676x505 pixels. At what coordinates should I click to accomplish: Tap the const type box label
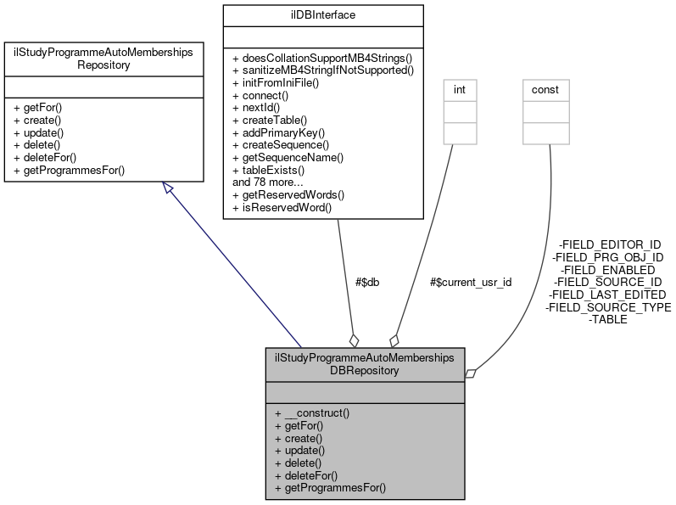(545, 89)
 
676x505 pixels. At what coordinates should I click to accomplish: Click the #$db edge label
(367, 282)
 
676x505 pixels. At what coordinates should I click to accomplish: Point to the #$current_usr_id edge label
(471, 282)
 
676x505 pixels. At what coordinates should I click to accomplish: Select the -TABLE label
(607, 320)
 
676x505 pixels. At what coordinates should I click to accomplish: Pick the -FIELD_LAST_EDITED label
(607, 295)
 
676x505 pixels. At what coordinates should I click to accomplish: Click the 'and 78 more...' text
(269, 182)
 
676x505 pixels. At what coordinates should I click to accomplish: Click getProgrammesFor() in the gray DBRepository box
(330, 488)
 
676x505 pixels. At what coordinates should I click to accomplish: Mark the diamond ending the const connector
(472, 372)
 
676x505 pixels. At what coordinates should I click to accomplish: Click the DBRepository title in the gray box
(365, 364)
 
